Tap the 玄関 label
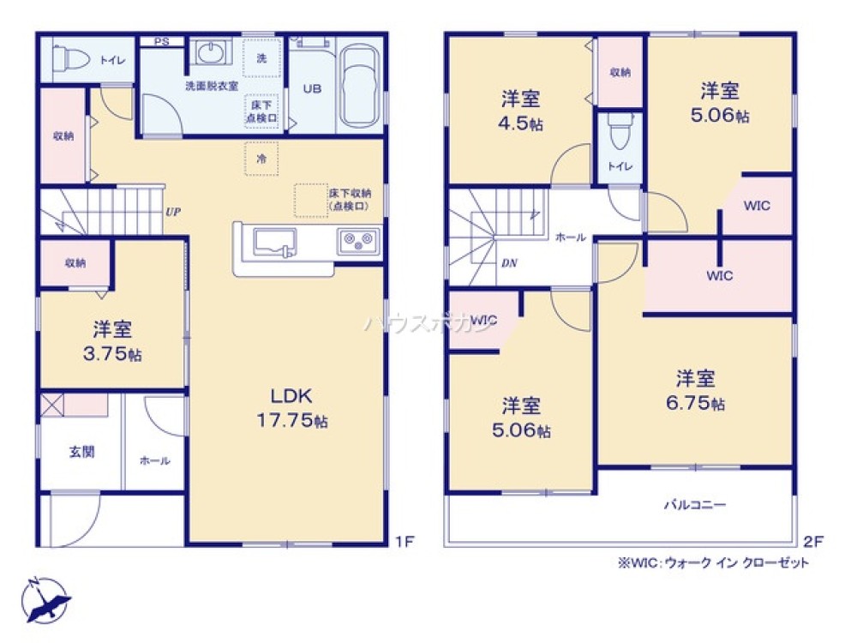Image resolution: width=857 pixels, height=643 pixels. [x=82, y=453]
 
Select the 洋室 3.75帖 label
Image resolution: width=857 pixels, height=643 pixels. [x=112, y=341]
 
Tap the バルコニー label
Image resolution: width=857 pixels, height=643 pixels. [x=694, y=505]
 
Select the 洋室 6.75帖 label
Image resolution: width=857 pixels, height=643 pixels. [x=694, y=389]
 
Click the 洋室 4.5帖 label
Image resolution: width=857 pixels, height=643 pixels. [x=521, y=111]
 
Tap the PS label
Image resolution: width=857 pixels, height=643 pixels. [x=160, y=41]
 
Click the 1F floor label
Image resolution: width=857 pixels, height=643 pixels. [x=405, y=541]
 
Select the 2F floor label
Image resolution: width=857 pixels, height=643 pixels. [x=812, y=541]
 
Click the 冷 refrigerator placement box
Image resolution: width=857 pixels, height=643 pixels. [x=261, y=159]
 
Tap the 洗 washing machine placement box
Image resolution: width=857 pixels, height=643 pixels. [x=261, y=57]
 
